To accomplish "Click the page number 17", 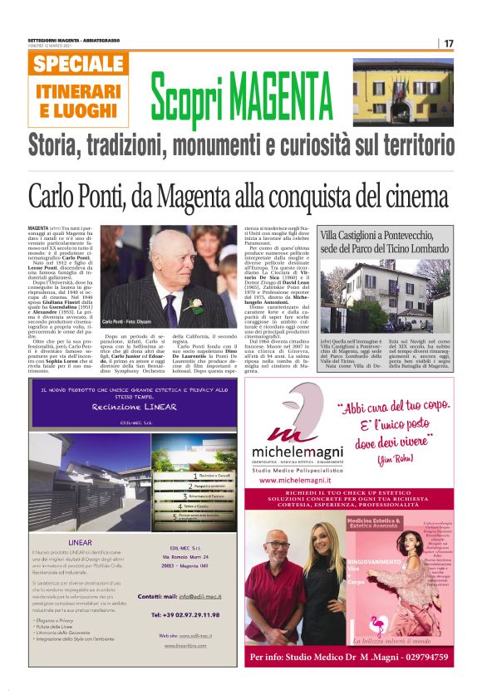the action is pos(449,43).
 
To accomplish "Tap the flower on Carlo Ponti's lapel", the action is pos(196,305).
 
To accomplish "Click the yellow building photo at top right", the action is pos(403,91).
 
